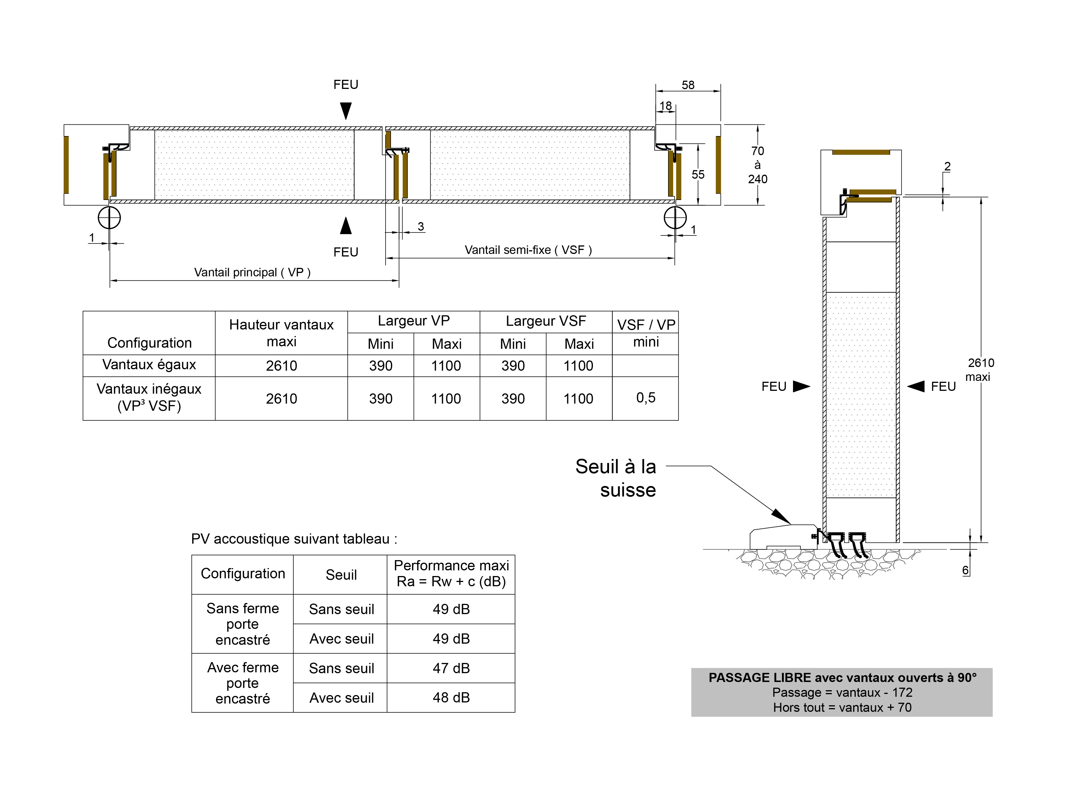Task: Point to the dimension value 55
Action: pos(698,174)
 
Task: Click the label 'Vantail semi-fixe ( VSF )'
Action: pos(528,250)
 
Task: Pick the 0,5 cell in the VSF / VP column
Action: pos(646,398)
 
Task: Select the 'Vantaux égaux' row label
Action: pos(149,365)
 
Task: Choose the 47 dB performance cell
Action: pos(451,668)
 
